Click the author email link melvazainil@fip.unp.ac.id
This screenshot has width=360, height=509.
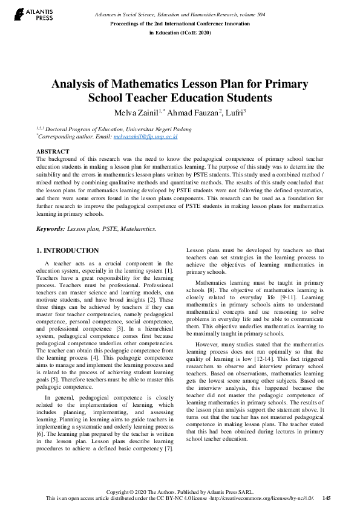[x=145, y=137]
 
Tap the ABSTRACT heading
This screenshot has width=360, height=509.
[x=53, y=151]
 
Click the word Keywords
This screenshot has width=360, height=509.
[x=50, y=230]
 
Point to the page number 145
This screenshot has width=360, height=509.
[x=327, y=498]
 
